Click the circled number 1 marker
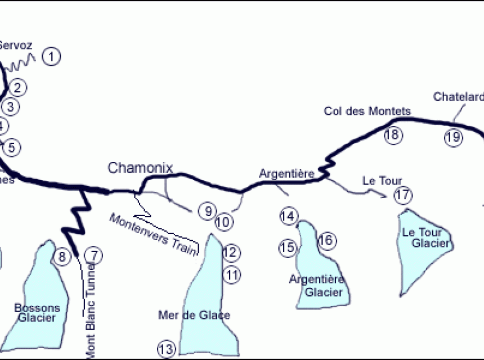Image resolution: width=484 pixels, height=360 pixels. tap(51, 56)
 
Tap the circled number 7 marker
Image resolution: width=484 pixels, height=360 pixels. tap(93, 256)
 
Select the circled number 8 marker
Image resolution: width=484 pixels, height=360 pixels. tap(61, 257)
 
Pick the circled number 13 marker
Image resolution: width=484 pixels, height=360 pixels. tap(166, 349)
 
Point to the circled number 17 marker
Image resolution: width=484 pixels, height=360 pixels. tap(403, 196)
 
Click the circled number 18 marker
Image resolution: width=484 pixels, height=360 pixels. tap(393, 134)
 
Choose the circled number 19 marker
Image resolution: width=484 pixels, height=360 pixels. tap(453, 137)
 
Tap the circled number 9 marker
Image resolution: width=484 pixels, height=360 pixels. tap(208, 211)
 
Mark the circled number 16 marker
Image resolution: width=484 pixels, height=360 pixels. tap(326, 241)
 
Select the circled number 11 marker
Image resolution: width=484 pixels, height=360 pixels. tap(232, 274)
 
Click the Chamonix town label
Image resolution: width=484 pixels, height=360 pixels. tap(140, 168)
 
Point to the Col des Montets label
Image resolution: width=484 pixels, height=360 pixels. tap(368, 111)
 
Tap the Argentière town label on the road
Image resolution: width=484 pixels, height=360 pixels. tap(286, 174)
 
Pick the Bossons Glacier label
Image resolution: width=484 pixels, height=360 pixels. tap(37, 313)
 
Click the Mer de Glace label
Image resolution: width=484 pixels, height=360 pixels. tap(194, 316)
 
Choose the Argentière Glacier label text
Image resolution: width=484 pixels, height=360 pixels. tap(317, 285)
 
